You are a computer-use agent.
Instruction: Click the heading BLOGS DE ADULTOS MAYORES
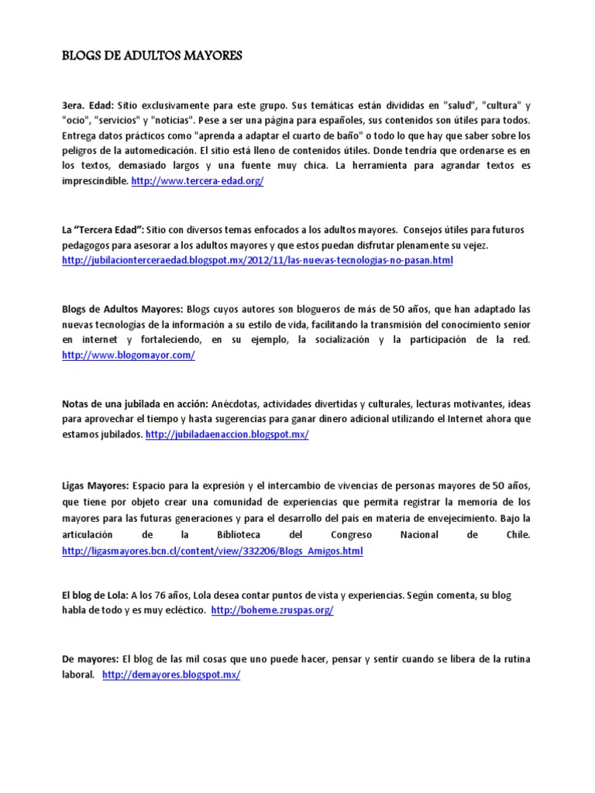click(x=153, y=56)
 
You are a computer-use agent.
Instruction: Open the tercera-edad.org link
click(x=198, y=180)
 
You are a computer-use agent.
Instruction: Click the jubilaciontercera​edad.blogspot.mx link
click(x=257, y=261)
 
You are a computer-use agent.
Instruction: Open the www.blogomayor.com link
click(x=129, y=355)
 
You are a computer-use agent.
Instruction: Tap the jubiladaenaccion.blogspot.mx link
click(x=228, y=435)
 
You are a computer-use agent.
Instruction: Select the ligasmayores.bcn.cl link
click(x=212, y=551)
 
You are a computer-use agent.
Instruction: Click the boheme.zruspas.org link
click(x=272, y=610)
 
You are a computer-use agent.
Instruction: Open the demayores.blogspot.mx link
click(x=171, y=675)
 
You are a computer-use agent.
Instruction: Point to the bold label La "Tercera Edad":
click(x=102, y=230)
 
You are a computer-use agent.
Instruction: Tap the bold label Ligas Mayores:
click(x=95, y=486)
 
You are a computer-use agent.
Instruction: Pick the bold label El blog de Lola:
click(x=95, y=595)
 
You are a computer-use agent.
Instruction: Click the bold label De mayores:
click(x=89, y=659)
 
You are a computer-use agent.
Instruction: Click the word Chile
click(x=516, y=535)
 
